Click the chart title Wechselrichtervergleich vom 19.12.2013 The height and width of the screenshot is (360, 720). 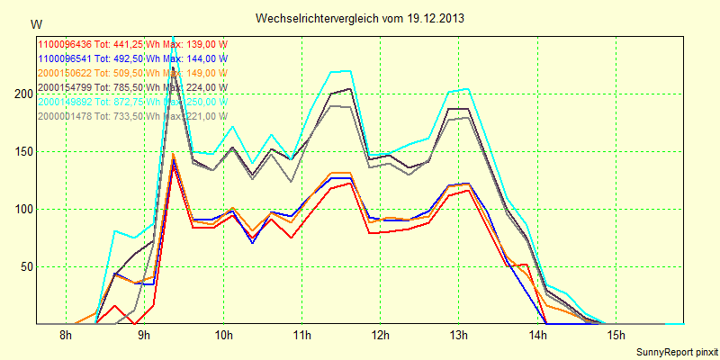pyautogui.click(x=360, y=18)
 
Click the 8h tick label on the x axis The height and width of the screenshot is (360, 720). pyautogui.click(x=66, y=336)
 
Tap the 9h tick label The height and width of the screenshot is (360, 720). pyautogui.click(x=144, y=336)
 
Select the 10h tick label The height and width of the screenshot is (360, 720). pyautogui.click(x=223, y=336)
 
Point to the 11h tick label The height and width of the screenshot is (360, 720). pyautogui.click(x=301, y=336)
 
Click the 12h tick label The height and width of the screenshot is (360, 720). pyautogui.click(x=380, y=336)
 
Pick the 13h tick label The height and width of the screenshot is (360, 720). pyautogui.click(x=459, y=336)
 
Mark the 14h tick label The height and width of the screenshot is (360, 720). pyautogui.click(x=537, y=336)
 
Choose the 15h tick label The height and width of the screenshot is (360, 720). pyautogui.click(x=616, y=336)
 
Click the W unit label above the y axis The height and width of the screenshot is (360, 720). pyautogui.click(x=35, y=23)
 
